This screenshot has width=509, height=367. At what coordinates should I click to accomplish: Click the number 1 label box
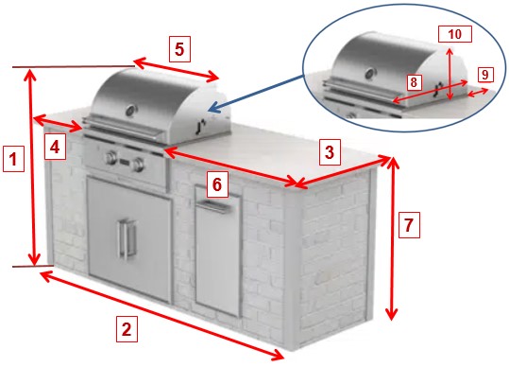point(13,159)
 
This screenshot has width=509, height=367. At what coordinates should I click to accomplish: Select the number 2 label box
point(127,329)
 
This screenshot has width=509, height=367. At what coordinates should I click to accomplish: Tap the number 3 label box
point(330,152)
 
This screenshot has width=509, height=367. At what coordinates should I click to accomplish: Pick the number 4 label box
point(55,148)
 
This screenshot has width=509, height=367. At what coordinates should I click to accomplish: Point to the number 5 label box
point(179,49)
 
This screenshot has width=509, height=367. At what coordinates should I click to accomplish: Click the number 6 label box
point(217,184)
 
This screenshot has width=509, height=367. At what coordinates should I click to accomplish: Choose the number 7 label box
point(409,225)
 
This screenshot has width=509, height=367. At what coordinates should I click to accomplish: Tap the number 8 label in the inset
point(414,82)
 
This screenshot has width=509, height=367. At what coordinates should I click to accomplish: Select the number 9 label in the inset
point(485,75)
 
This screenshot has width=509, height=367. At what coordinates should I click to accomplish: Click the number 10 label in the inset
point(455,34)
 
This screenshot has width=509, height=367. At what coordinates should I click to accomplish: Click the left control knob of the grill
point(110,158)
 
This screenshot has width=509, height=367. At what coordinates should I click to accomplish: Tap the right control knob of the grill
point(139,164)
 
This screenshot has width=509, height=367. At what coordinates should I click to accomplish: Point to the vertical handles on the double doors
point(127,239)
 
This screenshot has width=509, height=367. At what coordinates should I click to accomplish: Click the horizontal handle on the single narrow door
point(215,207)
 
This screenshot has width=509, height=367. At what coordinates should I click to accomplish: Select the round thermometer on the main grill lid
point(131,110)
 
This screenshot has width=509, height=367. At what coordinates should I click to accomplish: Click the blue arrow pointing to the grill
point(257,94)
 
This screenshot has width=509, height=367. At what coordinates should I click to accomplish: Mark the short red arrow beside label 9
point(478,92)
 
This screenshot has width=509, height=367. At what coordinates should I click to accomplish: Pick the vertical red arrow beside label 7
point(392,238)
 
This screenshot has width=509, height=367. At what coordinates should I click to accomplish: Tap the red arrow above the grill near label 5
point(176,69)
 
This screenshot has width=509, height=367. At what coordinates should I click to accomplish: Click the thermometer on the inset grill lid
point(370,74)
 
